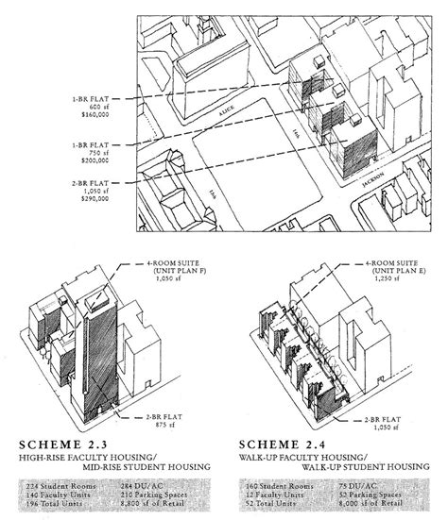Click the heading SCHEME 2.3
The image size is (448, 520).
coord(70,440)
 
